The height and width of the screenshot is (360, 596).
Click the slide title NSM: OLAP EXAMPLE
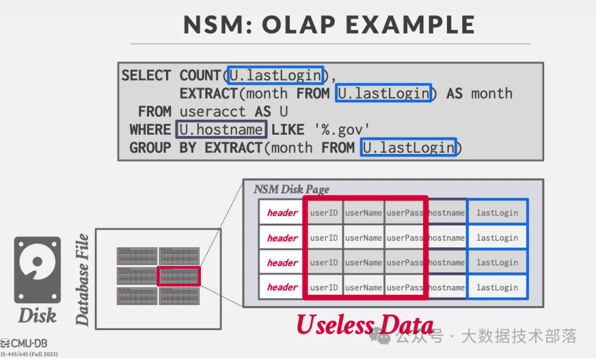329,25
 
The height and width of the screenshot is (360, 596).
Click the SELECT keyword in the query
146,76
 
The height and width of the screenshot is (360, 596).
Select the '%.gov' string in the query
342,130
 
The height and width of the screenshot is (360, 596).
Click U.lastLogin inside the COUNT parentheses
275,76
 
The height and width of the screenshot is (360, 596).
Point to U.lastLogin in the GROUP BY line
408,148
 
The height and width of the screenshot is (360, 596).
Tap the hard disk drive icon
37,270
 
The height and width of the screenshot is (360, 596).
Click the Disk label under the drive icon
37,316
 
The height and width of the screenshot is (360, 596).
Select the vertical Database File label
82,279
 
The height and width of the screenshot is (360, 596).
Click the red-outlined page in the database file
179,276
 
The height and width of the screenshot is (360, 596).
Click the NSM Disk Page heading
291,189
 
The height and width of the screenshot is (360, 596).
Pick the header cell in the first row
282,213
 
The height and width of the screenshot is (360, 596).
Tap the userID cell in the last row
323,288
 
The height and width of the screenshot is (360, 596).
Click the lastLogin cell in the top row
497,213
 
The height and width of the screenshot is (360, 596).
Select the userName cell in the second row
363,238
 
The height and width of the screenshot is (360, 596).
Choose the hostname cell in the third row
446,263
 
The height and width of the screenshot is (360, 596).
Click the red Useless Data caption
365,325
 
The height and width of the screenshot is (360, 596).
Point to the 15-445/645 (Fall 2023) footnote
29,354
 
